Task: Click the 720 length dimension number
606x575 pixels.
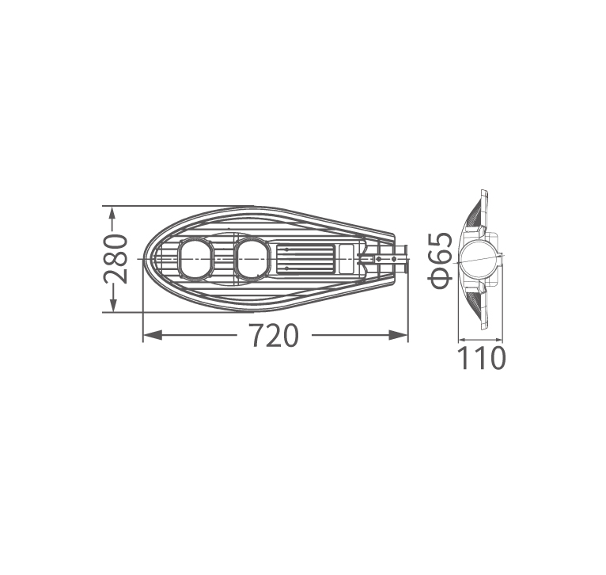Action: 274,336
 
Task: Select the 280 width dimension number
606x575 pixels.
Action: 116,259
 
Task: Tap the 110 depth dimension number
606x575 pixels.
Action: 481,358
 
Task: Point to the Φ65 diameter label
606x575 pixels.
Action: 441,261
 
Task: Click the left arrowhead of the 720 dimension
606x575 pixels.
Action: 153,335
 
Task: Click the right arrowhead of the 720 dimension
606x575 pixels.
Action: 398,335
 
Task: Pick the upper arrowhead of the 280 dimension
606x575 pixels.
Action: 112,216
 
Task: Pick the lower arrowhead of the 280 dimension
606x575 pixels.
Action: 112,302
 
